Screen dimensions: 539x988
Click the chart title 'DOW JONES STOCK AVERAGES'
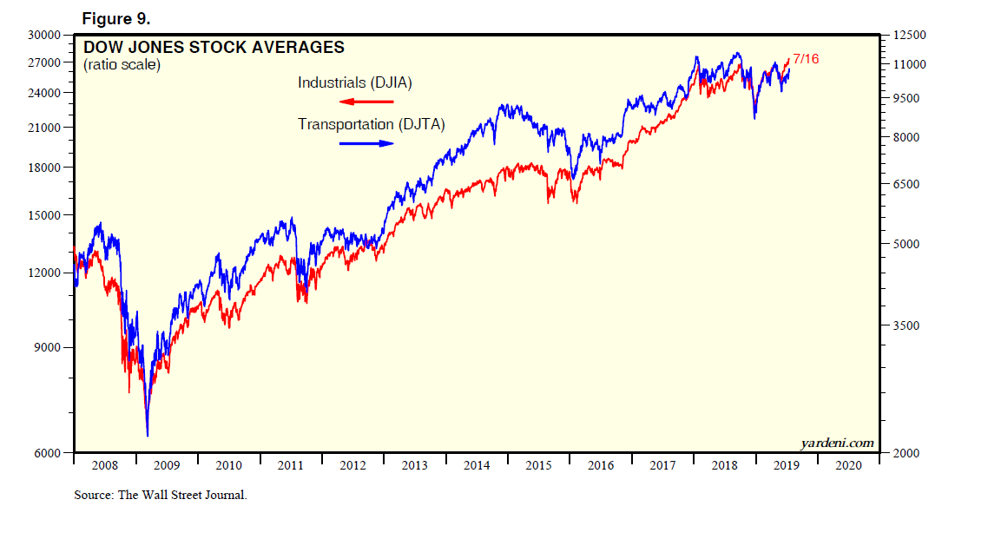coord(214,48)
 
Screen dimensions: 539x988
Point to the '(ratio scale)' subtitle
coord(122,65)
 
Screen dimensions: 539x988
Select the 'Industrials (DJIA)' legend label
coord(354,83)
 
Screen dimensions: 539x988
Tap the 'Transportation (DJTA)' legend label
coord(372,124)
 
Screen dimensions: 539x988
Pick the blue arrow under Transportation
coord(366,143)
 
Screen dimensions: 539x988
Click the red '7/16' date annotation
coord(806,59)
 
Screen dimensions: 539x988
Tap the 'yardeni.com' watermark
coord(837,443)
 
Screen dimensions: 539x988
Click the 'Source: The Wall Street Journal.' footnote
coord(161,496)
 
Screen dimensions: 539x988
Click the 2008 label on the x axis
coord(104,465)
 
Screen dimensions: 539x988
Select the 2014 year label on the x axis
coord(477,465)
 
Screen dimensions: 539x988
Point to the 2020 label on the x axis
coord(848,465)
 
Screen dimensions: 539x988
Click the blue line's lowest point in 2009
coord(148,435)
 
